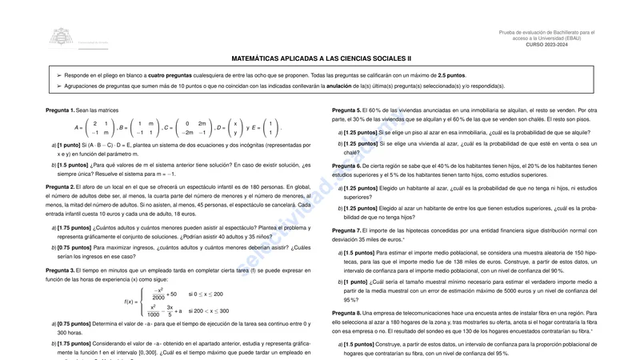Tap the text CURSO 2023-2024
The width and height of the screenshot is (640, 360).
point(546,45)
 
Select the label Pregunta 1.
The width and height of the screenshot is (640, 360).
point(60,110)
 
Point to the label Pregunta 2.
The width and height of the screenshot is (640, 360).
point(60,186)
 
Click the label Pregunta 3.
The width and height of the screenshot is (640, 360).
point(60,270)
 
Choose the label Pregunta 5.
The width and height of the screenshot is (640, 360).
point(346,110)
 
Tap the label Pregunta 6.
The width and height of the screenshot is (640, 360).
point(346,166)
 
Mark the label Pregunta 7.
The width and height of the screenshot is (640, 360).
point(346,230)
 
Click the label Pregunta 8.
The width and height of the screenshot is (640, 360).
point(346,313)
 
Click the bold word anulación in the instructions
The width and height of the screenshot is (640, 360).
point(339,86)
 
